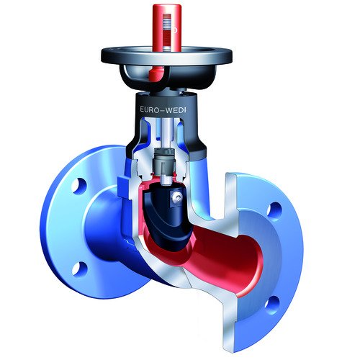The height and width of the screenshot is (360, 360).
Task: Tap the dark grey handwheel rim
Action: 166,57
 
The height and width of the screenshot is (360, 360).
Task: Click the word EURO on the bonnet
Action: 149,109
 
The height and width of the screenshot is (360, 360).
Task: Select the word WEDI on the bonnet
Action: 177,110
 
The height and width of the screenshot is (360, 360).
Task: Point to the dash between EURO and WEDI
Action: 163,110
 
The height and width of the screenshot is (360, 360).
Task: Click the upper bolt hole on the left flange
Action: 79,185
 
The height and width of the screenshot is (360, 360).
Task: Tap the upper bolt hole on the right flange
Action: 274,210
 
